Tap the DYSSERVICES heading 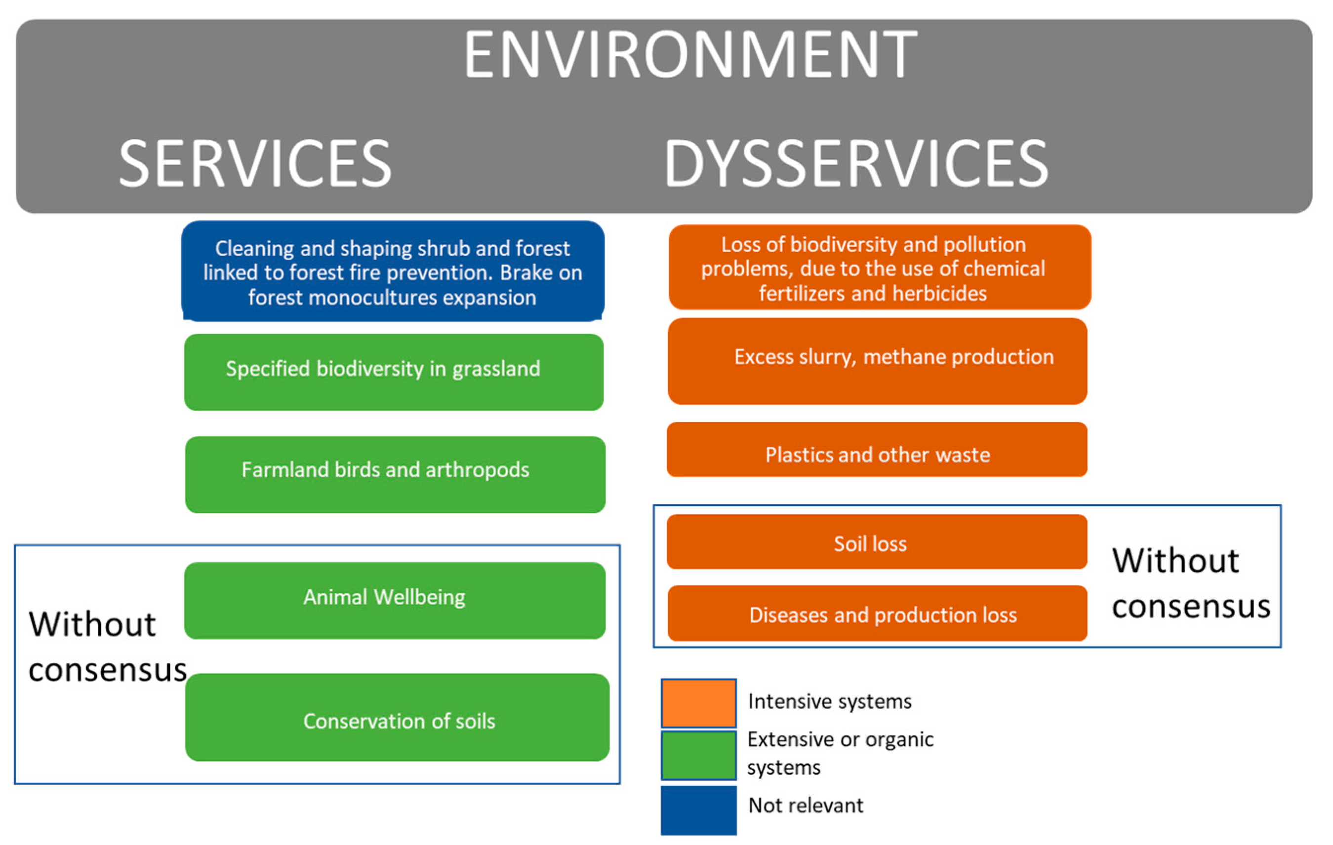(856, 163)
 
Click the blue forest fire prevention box (393, 271)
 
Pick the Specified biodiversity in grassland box (394, 372)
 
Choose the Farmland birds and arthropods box (395, 474)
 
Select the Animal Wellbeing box (395, 600)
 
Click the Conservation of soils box (397, 717)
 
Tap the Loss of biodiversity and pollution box (879, 268)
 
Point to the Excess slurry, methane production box (878, 361)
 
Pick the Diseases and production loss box (878, 613)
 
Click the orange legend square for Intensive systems (699, 703)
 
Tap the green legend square (699, 755)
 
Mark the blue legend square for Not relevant (699, 809)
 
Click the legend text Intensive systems (829, 702)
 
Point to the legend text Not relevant (806, 806)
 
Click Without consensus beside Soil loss (1190, 584)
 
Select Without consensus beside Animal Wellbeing (106, 648)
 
